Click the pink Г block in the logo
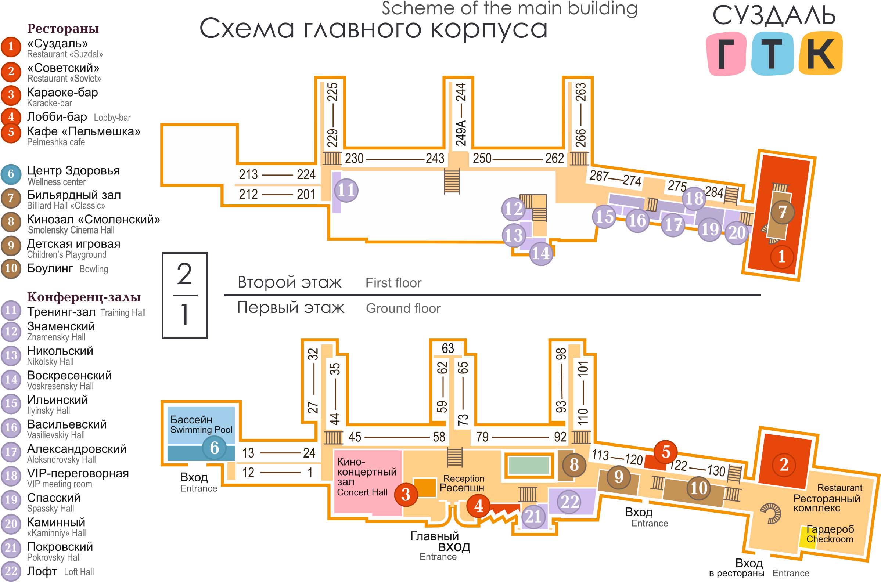[x=726, y=54]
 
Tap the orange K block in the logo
[x=820, y=53]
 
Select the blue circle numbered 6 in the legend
[x=11, y=174]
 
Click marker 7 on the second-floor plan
[x=782, y=212]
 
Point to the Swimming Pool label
[x=201, y=430]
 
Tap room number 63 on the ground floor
[x=447, y=348]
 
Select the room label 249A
[x=460, y=132]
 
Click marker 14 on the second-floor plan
[x=540, y=253]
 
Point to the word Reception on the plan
[x=464, y=478]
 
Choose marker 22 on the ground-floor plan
[x=569, y=502]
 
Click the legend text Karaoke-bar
[x=49, y=103]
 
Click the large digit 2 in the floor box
[x=184, y=274]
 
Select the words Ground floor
[x=403, y=308]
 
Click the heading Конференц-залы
[x=84, y=297]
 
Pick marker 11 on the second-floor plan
[x=346, y=190]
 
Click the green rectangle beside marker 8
[x=529, y=465]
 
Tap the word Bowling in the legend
[x=94, y=269]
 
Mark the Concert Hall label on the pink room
[x=362, y=492]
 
